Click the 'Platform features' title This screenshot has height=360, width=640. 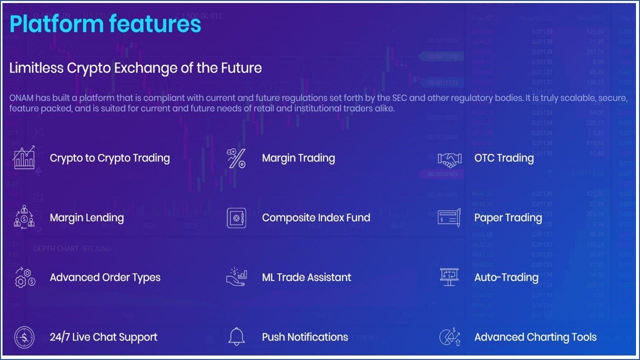[x=105, y=24]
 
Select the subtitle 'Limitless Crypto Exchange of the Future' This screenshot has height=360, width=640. [x=135, y=68]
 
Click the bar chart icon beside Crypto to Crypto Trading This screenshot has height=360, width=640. [x=24, y=157]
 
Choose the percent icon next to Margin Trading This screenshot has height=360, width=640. [x=236, y=158]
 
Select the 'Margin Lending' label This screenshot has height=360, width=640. [x=87, y=218]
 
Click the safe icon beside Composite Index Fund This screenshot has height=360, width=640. [x=236, y=218]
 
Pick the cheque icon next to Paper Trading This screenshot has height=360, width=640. [x=449, y=218]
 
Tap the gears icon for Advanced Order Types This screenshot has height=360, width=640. [x=25, y=277]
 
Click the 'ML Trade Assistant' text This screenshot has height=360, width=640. [x=306, y=277]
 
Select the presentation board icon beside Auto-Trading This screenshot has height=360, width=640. [x=449, y=277]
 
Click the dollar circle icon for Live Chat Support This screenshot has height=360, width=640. [x=24, y=337]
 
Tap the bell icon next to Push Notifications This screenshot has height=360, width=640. [x=236, y=336]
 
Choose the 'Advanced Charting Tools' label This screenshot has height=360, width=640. [x=535, y=337]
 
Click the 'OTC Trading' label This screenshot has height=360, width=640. [x=504, y=158]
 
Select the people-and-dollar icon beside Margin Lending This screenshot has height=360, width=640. [x=24, y=217]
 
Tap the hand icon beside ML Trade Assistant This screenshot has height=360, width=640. [x=236, y=277]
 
